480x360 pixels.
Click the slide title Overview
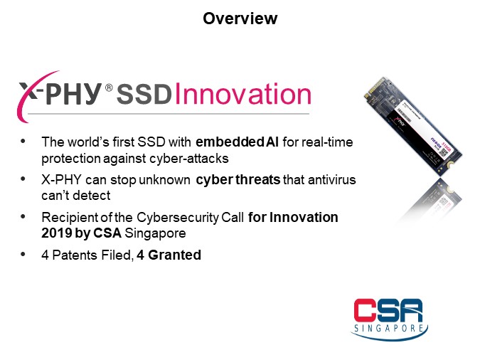[240, 18]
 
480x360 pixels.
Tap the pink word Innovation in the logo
[243, 93]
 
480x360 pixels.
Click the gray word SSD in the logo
[144, 94]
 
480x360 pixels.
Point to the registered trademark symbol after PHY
[109, 88]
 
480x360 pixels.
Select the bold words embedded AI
[237, 142]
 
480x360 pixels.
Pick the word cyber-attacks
[189, 159]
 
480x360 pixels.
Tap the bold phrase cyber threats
[238, 180]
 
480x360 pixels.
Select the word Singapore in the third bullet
[155, 233]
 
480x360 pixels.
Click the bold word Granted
[174, 255]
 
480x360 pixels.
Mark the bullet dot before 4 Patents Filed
[23, 254]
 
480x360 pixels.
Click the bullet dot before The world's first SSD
[23, 142]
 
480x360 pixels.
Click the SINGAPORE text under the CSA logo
[389, 328]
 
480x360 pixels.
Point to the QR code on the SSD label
[443, 155]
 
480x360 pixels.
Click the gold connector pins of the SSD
[374, 87]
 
